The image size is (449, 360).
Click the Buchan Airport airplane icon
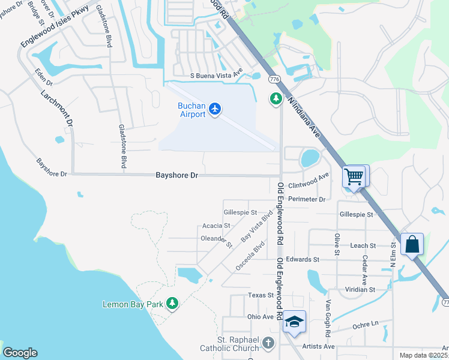[x=215, y=109]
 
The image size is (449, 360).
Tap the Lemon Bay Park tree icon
[x=173, y=304]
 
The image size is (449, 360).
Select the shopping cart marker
[x=354, y=177]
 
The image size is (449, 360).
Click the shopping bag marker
[x=412, y=244]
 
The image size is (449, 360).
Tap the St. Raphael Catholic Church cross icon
[x=268, y=343]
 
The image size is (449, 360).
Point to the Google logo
[x=20, y=353]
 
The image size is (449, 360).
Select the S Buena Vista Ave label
[x=216, y=76]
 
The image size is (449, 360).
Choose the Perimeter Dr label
[x=306, y=199]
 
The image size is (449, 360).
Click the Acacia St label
[x=216, y=226]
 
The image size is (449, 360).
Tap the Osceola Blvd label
[x=250, y=255]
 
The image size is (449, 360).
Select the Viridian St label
[x=360, y=289]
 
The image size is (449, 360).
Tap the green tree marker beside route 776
[x=276, y=98]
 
